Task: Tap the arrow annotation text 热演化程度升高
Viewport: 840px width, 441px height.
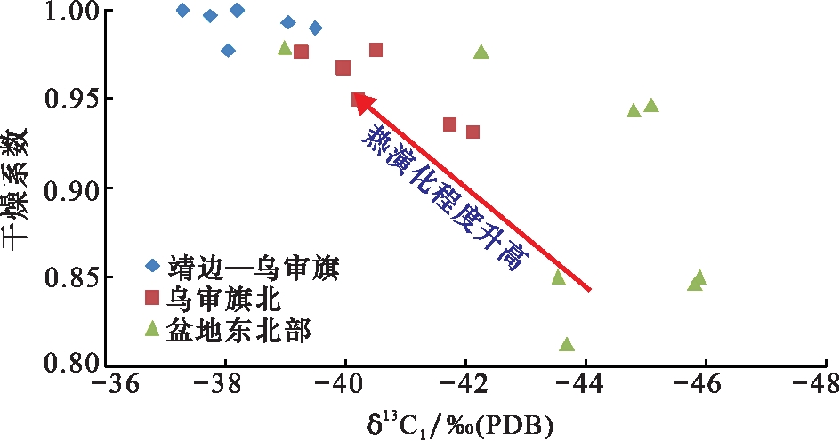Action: click(446, 200)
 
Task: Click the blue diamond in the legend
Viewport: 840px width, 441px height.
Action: click(152, 265)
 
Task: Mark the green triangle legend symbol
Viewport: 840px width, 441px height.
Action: click(152, 329)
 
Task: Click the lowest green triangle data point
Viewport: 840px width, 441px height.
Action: click(567, 344)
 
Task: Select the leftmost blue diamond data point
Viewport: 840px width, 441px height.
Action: click(183, 11)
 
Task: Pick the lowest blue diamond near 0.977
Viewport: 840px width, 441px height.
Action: click(228, 51)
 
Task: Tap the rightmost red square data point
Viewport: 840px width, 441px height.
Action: click(472, 132)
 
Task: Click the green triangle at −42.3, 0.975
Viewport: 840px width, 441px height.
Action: click(481, 52)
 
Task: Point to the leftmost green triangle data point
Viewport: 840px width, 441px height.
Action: click(285, 48)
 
